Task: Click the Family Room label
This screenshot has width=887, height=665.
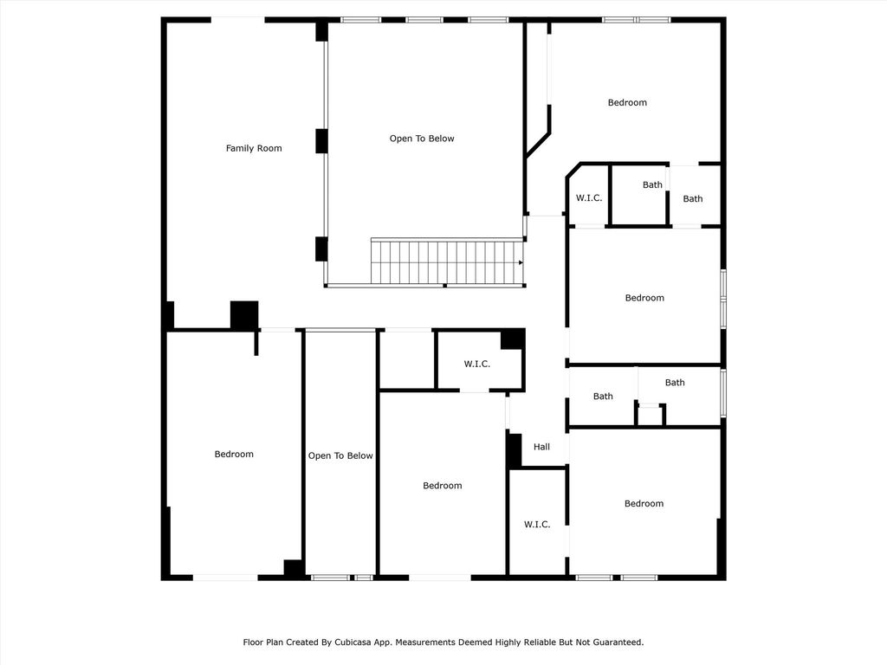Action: point(254,148)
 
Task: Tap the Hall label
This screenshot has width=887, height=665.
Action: point(541,447)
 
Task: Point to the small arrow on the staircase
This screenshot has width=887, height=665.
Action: point(521,262)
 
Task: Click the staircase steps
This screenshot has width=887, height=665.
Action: point(447,262)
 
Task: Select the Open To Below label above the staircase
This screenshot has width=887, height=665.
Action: point(422,139)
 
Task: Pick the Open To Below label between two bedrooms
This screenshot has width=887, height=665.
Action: point(340,455)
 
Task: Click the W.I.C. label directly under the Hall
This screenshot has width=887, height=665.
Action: point(537,525)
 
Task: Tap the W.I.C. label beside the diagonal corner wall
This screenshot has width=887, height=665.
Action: point(589,198)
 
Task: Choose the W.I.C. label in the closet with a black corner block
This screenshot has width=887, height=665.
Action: point(477,365)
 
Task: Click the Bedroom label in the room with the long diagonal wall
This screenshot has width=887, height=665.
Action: point(627,102)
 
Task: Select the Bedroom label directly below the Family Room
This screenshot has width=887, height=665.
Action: point(234,454)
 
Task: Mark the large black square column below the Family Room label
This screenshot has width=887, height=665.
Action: point(244,315)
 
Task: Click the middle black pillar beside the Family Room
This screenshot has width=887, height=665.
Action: point(321,141)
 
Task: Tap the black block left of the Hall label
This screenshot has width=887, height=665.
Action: point(515,450)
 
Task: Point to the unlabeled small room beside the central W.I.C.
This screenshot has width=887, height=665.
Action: point(407,359)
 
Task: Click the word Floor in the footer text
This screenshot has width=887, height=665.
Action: point(254,642)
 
